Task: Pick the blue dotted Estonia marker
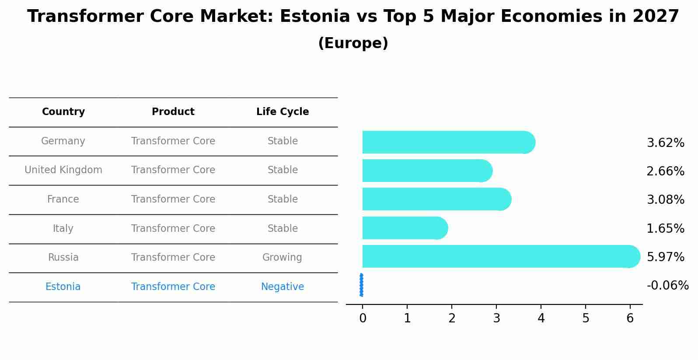[x=361, y=285]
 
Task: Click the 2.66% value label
[x=665, y=171]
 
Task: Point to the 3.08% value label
[x=665, y=200]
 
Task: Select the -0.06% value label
[x=667, y=286]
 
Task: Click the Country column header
[x=63, y=112]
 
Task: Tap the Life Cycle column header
[x=283, y=112]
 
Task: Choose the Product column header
[x=173, y=112]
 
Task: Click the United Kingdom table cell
[x=63, y=170]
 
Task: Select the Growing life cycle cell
[x=282, y=258]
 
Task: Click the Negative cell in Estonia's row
[x=283, y=287]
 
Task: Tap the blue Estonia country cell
[x=63, y=287]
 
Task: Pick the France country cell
[x=63, y=199]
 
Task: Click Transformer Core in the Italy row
[x=173, y=229]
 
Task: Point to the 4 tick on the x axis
[x=541, y=318]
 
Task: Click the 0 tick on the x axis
[x=363, y=318]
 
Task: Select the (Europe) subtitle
[x=353, y=43]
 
